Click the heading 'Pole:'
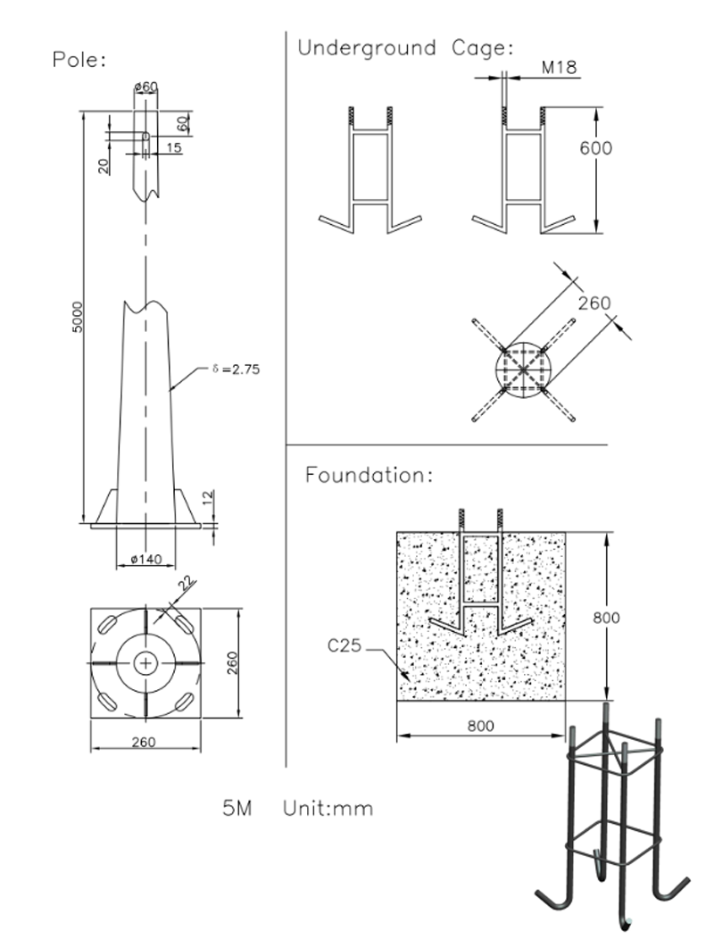pos(79,61)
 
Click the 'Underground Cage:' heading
pos(405,48)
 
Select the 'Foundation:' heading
pos(369,475)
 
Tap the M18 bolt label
pos(559,68)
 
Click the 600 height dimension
pos(595,147)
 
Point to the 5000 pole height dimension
pos(78,317)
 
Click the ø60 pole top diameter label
pos(145,87)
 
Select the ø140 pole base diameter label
pos(145,559)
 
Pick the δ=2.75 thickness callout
pos(237,368)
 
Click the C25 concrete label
pos(345,644)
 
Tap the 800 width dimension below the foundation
pos(480,726)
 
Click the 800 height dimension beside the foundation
pos(606,617)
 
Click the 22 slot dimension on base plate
pos(186,585)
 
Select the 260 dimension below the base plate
pos(145,742)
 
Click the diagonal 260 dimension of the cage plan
pos(594,303)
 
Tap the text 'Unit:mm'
pos(328,809)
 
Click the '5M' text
pos(237,809)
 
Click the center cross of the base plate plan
pos(145,663)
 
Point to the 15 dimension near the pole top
pos(173,147)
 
